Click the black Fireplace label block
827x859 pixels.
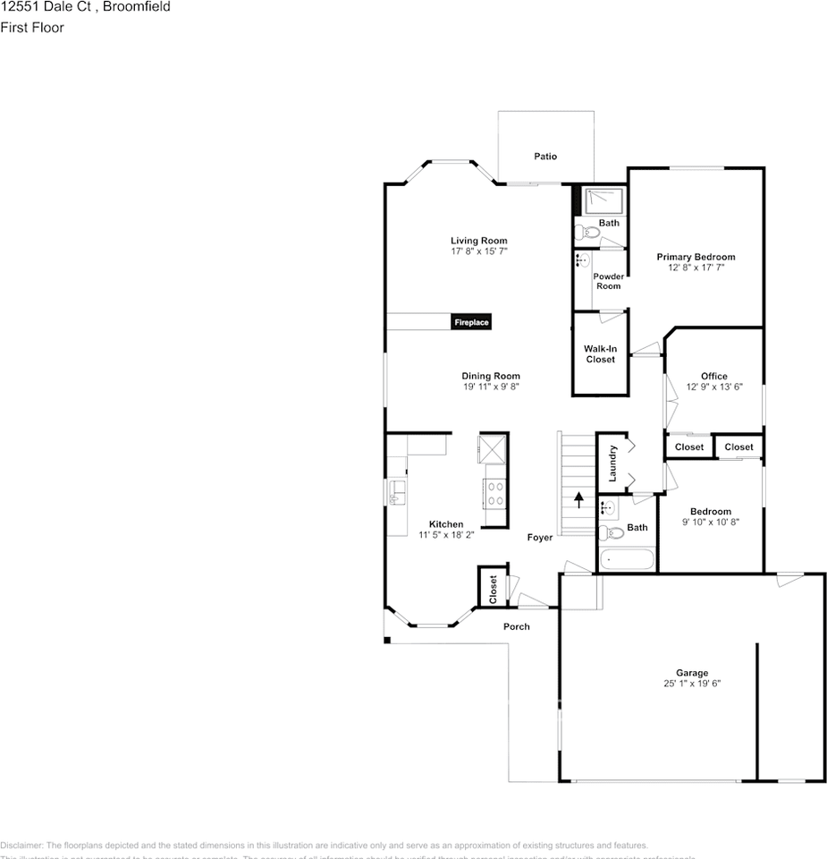click(470, 322)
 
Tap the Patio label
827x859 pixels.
click(545, 157)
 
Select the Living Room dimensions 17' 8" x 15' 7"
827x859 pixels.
click(478, 252)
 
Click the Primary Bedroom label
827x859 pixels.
click(696, 257)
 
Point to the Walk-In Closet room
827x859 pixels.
click(600, 354)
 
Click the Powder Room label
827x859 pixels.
click(608, 281)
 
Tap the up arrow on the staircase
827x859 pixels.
click(578, 499)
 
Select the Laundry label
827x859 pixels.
click(612, 464)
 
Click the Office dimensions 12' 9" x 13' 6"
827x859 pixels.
click(713, 387)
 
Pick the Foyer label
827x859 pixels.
click(540, 538)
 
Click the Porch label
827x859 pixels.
click(516, 626)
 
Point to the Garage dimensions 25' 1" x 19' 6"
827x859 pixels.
click(691, 684)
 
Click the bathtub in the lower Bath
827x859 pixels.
click(627, 560)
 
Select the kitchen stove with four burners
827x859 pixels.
click(494, 493)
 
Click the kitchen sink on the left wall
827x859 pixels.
click(397, 491)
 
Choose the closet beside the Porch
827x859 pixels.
click(493, 587)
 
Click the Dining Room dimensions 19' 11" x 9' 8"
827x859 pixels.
click(491, 387)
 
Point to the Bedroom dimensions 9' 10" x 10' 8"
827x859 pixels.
click(711, 522)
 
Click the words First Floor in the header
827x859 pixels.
click(32, 28)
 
